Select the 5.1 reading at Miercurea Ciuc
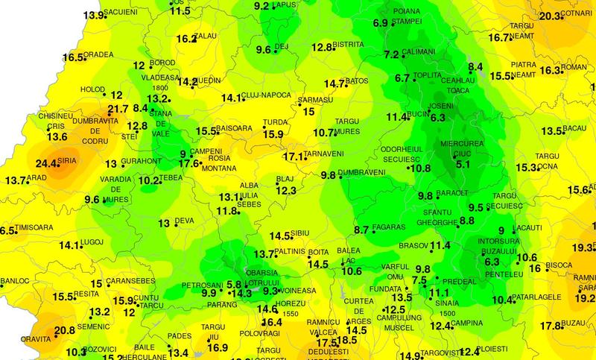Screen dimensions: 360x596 click(x=463, y=164)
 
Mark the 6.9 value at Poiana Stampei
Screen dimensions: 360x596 click(x=379, y=23)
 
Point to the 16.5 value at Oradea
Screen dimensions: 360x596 click(x=73, y=57)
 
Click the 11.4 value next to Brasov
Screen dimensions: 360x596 click(x=440, y=245)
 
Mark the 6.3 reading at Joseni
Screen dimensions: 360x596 click(x=437, y=117)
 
